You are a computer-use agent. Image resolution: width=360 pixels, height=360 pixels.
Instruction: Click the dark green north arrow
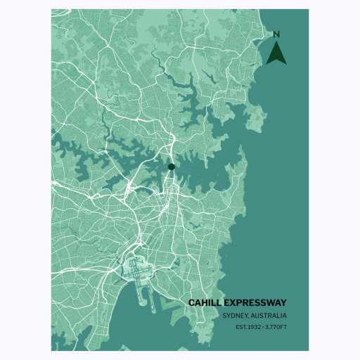click(276, 53)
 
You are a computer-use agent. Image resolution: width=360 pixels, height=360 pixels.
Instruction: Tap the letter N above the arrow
click(276, 34)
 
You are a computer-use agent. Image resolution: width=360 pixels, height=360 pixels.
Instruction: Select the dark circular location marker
click(171, 167)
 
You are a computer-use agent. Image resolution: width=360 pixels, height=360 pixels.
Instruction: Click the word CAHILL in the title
click(207, 302)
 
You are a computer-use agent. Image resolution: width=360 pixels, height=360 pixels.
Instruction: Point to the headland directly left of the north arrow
click(262, 53)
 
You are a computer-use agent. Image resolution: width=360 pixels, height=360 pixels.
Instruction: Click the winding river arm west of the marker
click(105, 152)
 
